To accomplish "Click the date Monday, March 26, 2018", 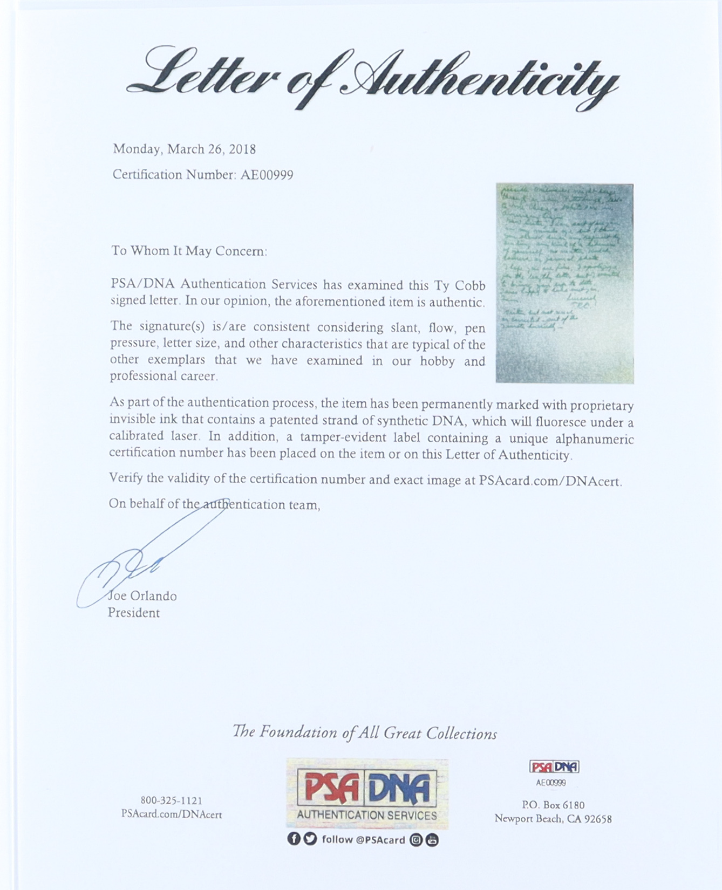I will coord(184,149).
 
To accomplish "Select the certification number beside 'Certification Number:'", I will coord(267,175).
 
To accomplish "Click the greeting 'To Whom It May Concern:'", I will coord(189,251).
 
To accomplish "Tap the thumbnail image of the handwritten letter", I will coord(564,283).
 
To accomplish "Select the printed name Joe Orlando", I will coord(142,596).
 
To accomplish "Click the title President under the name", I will coord(134,613).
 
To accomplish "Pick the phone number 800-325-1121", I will coord(171,800).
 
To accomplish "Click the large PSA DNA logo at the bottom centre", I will coord(367,793).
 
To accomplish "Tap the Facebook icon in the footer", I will coord(294,839).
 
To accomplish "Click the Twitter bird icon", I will coord(310,839).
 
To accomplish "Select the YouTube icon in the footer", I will coord(432,840).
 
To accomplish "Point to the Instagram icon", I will coord(416,840).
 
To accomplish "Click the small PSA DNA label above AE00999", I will coord(554,767).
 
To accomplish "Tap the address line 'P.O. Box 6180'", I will coord(553,805).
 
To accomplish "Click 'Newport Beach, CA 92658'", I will coord(553,819).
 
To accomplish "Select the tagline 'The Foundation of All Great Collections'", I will coord(365,732).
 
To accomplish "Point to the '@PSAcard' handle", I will coord(380,840).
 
